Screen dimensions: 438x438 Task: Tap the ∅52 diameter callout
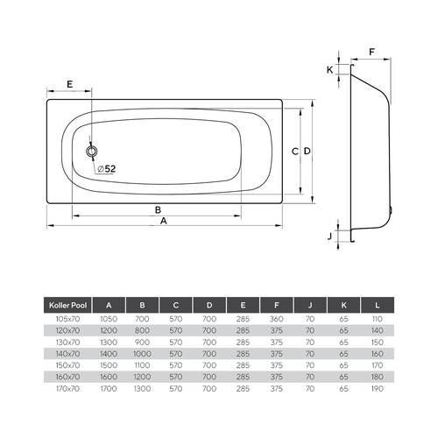point(107,169)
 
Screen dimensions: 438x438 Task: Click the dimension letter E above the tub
point(69,84)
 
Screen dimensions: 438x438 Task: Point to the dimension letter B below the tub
point(158,209)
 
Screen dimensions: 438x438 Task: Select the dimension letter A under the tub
point(164,221)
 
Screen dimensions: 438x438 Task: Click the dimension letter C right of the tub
point(295,152)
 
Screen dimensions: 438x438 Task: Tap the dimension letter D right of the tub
point(307,151)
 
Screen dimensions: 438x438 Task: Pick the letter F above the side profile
point(371,52)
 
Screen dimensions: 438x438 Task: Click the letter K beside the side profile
point(329,70)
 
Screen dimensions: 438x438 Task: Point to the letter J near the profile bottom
point(330,236)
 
